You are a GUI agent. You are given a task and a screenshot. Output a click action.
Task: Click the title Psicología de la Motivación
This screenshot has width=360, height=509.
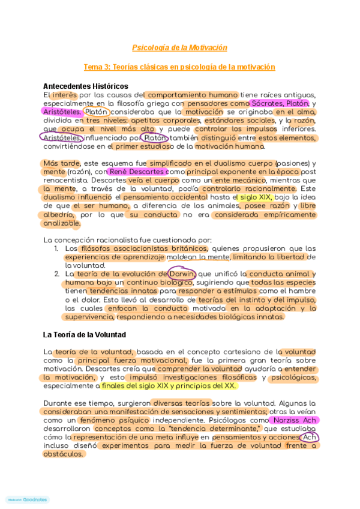(179, 47)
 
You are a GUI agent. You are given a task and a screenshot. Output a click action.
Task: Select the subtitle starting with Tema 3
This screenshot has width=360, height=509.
(179, 67)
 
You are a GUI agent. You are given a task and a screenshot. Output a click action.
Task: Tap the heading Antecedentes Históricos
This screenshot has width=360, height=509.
(85, 86)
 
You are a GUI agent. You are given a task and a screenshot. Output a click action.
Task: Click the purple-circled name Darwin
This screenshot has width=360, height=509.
(182, 274)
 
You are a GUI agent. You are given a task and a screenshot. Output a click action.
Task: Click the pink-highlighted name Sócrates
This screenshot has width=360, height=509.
(268, 103)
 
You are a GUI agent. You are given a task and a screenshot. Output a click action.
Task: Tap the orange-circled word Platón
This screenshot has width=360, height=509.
(96, 112)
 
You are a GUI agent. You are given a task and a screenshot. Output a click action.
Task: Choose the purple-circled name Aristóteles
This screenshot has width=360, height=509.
(61, 137)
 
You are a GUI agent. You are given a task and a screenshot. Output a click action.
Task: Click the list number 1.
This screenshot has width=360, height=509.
(56, 248)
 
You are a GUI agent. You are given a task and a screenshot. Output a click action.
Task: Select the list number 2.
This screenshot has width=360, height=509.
(56, 274)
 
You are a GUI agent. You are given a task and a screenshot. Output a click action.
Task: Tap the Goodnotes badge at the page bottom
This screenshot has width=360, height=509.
(27, 499)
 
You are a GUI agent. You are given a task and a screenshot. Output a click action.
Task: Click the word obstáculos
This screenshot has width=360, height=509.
(63, 454)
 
